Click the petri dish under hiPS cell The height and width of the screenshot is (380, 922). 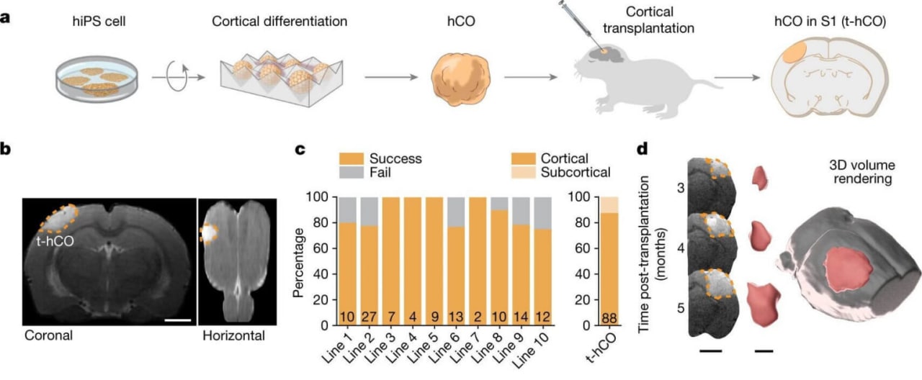(97, 79)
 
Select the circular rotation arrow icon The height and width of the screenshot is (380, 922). (177, 76)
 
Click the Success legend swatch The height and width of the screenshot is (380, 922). (351, 159)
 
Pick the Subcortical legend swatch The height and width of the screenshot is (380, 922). (523, 172)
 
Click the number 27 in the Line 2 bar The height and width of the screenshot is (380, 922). (370, 317)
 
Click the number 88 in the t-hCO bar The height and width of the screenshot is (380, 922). (609, 318)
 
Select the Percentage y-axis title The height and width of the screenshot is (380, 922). (299, 263)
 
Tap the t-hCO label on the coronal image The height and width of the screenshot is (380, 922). (55, 241)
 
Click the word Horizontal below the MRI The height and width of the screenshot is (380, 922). (233, 335)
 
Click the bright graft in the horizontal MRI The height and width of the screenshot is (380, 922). (209, 233)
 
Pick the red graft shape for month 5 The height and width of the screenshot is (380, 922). (764, 304)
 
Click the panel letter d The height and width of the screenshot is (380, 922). (642, 149)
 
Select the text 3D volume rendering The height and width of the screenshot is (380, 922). (862, 172)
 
